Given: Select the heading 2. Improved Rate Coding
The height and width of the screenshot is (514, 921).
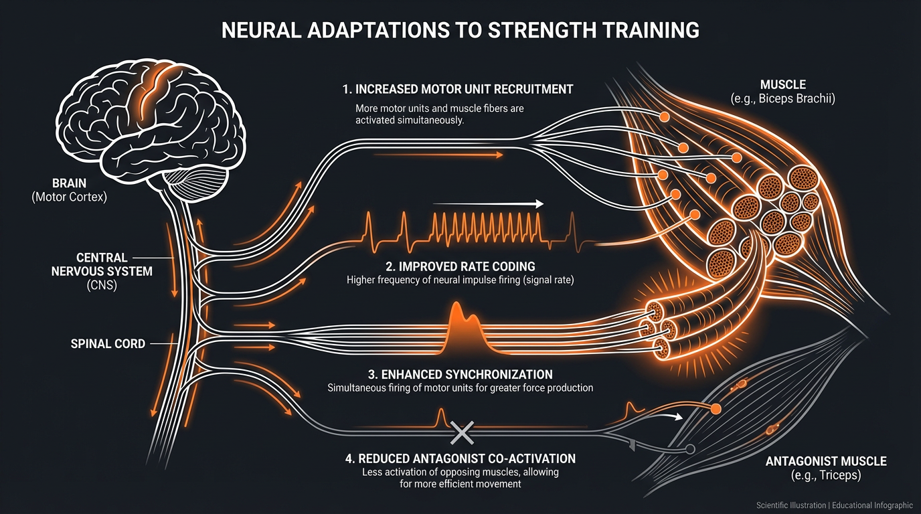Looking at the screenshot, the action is pos(460,267).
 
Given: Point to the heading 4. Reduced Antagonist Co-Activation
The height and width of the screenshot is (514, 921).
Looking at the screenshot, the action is pos(460,458).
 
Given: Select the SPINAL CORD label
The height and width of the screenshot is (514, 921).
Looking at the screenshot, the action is pos(108,344).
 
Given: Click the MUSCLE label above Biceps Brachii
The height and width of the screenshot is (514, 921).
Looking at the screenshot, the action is pos(782,85).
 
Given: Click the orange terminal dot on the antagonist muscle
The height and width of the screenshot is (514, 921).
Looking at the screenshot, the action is pos(716,408).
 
